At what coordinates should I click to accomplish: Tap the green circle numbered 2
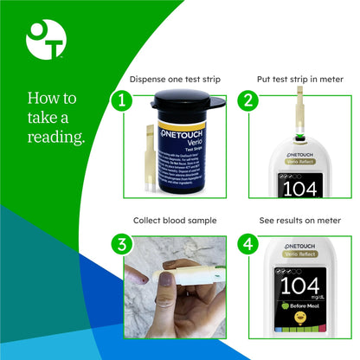tap(248, 100)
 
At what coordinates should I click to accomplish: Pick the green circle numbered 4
tap(248, 244)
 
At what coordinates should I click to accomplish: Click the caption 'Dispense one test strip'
tap(174, 79)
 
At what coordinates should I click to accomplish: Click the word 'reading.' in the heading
tap(56, 137)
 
